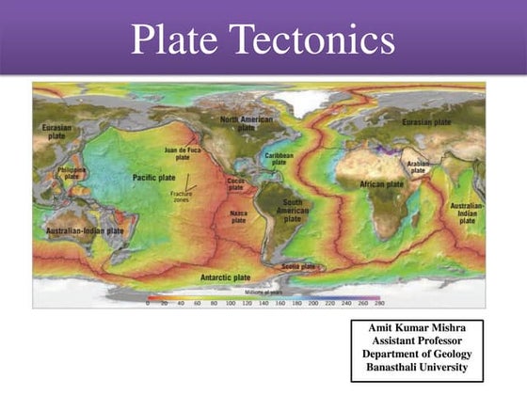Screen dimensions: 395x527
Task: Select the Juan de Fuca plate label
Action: click(184, 153)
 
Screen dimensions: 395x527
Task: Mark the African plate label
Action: click(381, 184)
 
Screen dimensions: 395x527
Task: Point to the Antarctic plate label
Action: click(226, 277)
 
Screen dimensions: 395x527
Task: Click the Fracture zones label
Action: click(182, 197)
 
